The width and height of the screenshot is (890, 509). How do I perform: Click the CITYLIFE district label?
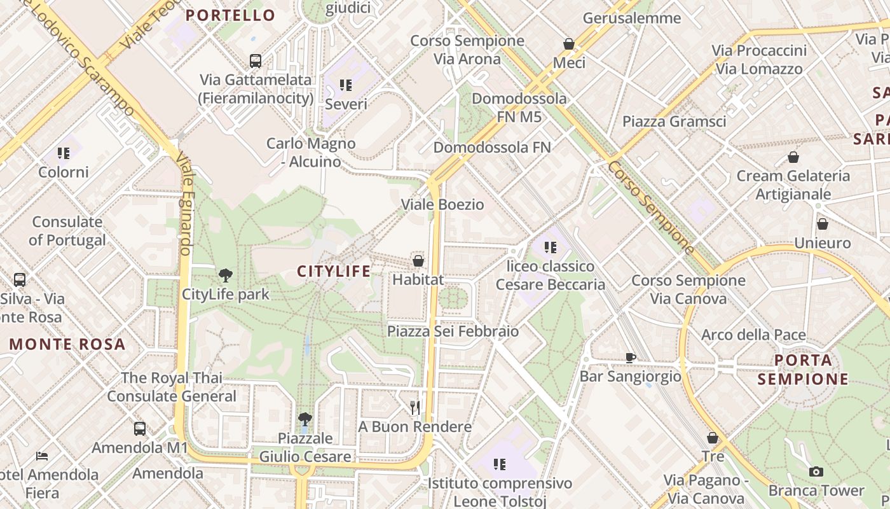(334, 272)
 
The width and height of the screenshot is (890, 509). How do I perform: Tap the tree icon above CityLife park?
(225, 275)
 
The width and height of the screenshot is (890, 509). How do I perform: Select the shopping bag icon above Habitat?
(418, 260)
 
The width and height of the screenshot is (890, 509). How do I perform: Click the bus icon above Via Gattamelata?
(256, 61)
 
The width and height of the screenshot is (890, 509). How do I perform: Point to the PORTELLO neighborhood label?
(231, 15)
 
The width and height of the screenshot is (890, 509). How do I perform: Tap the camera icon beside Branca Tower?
(816, 471)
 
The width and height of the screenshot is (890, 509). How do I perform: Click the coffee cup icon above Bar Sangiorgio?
(630, 358)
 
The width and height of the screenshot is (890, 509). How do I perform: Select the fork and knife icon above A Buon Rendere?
(415, 407)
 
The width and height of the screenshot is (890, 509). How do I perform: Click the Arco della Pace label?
(753, 335)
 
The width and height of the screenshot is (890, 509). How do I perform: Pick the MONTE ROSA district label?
(67, 344)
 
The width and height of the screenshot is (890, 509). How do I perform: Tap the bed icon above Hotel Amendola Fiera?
(42, 456)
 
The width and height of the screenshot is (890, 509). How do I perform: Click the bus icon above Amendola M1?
(140, 428)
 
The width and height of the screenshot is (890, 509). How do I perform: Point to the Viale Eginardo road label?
(184, 204)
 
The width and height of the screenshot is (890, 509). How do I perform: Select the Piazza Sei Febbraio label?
(453, 331)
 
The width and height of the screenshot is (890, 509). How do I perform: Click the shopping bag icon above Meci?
(569, 44)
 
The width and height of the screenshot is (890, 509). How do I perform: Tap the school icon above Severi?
(346, 85)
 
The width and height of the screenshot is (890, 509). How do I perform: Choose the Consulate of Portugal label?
(67, 231)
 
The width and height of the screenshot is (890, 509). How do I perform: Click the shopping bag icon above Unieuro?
(823, 224)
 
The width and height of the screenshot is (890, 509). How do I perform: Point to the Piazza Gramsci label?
(674, 122)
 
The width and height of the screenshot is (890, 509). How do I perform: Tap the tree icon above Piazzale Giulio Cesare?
(305, 419)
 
